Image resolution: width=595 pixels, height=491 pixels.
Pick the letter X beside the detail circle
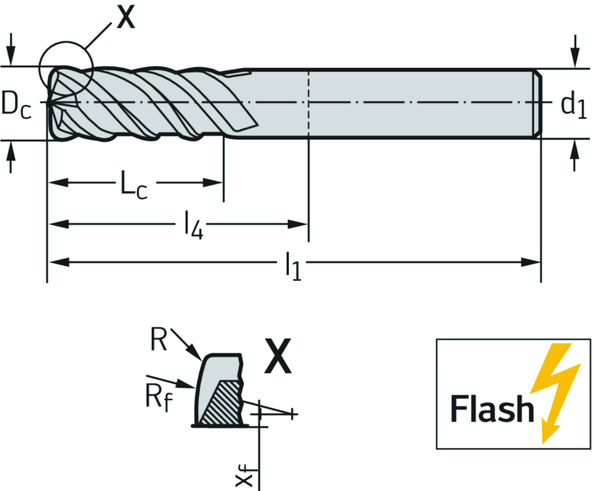[x=125, y=17]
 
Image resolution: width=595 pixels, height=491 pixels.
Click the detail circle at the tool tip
[x=65, y=67]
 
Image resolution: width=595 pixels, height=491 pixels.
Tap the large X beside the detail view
[x=278, y=357]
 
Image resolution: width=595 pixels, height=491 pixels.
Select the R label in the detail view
[x=159, y=340]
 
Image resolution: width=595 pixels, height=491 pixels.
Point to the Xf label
[x=245, y=476]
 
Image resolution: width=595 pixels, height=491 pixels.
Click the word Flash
[x=492, y=408]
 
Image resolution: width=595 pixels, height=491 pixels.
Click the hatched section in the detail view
[x=221, y=404]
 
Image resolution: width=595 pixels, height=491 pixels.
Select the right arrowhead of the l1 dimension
[x=532, y=262]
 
